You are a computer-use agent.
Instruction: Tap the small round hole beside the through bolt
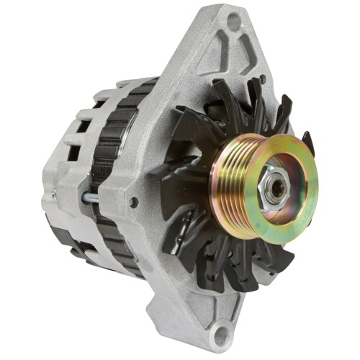coord(133,202)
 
